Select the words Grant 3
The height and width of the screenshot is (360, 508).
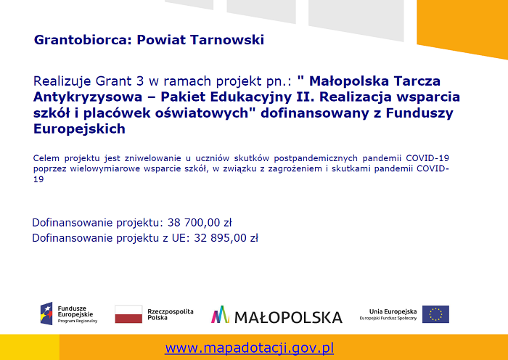[120, 81]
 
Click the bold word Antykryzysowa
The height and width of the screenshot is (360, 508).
[88, 97]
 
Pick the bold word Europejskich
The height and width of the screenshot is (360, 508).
[79, 128]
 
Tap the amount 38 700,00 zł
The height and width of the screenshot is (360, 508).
[200, 223]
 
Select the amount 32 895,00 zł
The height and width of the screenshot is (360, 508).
[226, 238]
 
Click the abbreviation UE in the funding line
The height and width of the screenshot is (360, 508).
[179, 238]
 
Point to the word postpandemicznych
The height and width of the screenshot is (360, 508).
[316, 158]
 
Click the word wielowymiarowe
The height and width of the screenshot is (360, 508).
[105, 169]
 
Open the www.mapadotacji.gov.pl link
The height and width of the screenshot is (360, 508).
[250, 348]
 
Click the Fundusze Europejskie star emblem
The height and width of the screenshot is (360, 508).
[46, 314]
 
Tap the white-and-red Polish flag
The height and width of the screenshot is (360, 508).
[128, 314]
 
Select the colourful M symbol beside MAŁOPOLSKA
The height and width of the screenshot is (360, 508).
[221, 314]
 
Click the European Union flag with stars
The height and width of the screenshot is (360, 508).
[435, 314]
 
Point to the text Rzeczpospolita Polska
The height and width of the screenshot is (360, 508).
[171, 314]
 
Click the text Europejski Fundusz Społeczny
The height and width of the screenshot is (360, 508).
[388, 319]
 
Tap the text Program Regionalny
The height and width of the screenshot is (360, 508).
[78, 321]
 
